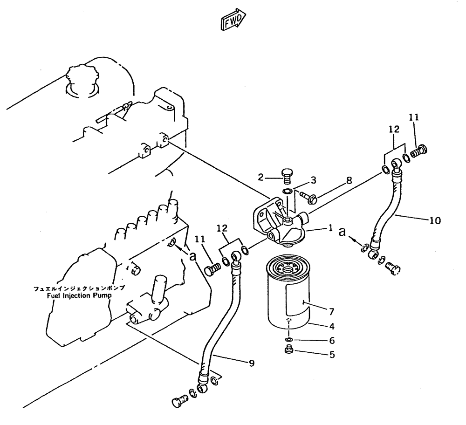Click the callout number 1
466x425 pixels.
click(329, 229)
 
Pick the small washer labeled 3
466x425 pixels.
click(288, 191)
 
